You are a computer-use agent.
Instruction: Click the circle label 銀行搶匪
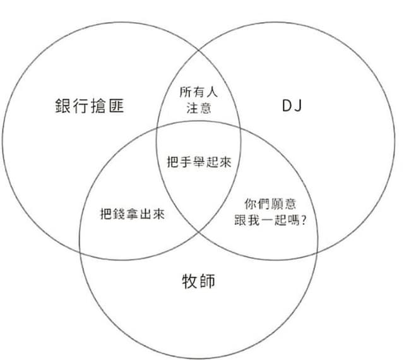pos(90,106)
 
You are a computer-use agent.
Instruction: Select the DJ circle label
pos(292,106)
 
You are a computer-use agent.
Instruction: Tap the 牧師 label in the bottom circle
pos(198,280)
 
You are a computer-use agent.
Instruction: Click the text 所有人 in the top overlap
pos(198,92)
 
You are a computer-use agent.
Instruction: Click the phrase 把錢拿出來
pos(133,214)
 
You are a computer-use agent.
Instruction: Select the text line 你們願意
pos(270,205)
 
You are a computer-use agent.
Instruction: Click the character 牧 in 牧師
pos(189,280)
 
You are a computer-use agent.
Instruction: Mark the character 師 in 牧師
pos(207,280)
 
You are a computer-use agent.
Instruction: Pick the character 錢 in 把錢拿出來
pos(120,214)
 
